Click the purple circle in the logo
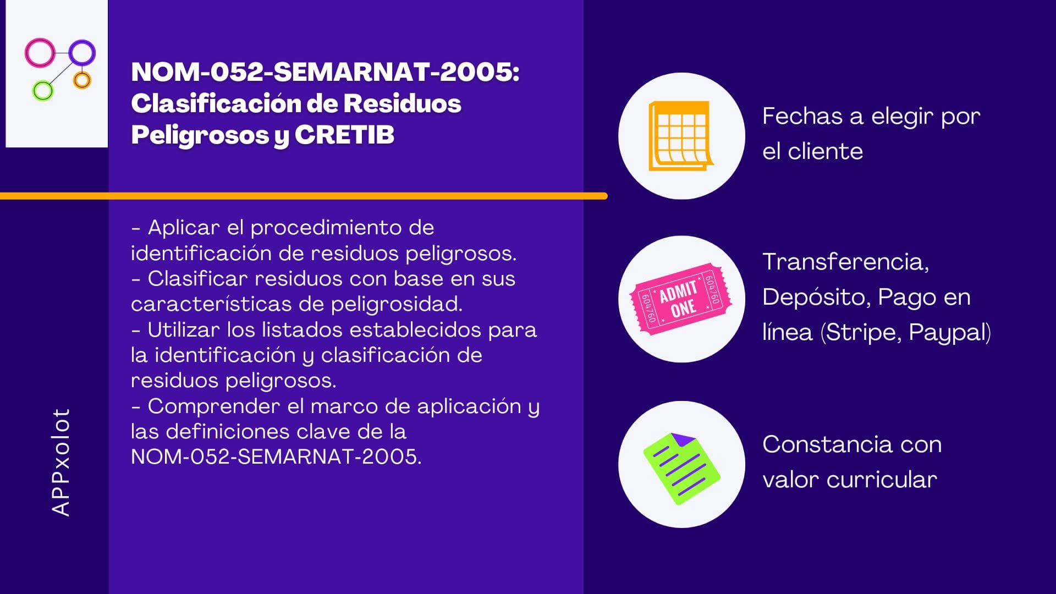tap(70, 53)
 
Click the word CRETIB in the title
tap(344, 135)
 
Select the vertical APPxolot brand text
tap(61, 462)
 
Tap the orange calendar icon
tap(681, 136)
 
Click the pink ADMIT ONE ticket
tap(681, 299)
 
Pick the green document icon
tap(681, 469)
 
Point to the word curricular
tap(882, 480)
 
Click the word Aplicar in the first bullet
tap(184, 228)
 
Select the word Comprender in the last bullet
tap(215, 406)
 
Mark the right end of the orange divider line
tap(606, 196)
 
